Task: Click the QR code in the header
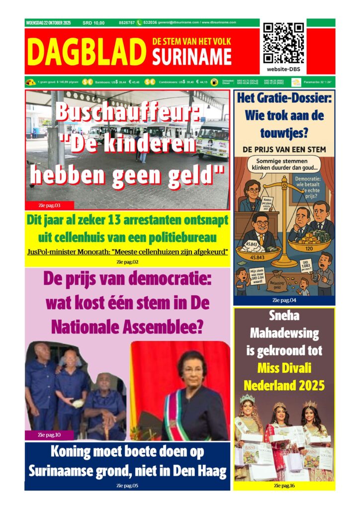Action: [283, 43]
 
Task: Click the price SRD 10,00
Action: [93, 23]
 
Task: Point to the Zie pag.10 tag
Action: [49, 435]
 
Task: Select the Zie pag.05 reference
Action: [127, 485]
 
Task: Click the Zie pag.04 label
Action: [284, 300]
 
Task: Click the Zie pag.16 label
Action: [284, 486]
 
